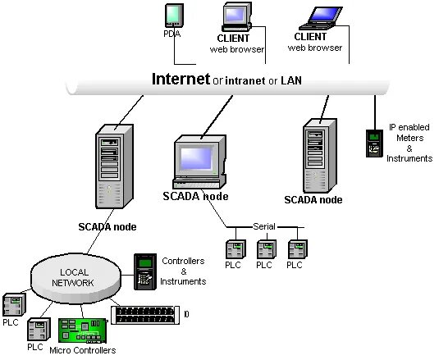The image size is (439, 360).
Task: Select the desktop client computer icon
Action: pyautogui.click(x=236, y=17)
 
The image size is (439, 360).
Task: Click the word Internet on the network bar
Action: pyautogui.click(x=181, y=79)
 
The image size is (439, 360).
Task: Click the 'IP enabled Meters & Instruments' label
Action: pyautogui.click(x=409, y=143)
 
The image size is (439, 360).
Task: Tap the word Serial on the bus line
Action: pyautogui.click(x=264, y=226)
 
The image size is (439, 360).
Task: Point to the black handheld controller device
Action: pyautogui.click(x=144, y=271)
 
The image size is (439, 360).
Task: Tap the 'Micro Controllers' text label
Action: pyautogui.click(x=82, y=350)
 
